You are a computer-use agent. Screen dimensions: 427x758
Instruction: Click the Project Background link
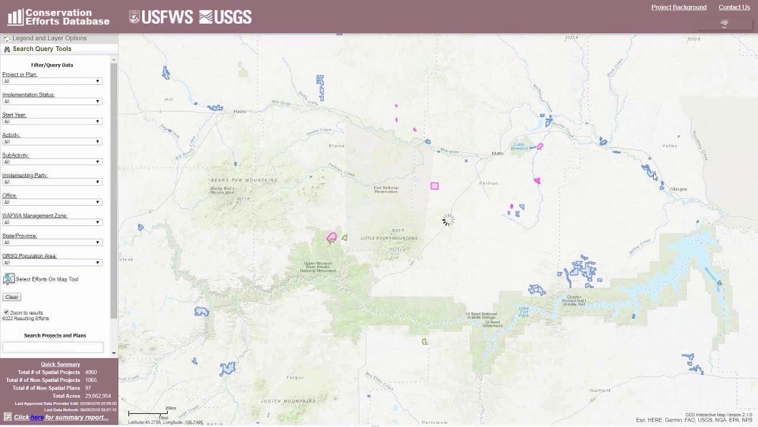click(x=679, y=7)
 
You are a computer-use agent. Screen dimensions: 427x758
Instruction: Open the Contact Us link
click(x=734, y=7)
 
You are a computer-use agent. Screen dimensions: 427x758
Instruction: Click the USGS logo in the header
click(x=225, y=17)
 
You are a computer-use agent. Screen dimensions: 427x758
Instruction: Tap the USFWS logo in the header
click(x=161, y=17)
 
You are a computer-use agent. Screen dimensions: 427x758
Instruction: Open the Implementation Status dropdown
click(x=52, y=101)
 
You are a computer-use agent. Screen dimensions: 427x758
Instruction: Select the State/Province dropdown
click(x=52, y=243)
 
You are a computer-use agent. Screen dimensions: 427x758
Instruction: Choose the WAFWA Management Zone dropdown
click(x=52, y=222)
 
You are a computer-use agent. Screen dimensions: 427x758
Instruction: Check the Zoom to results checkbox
click(x=7, y=312)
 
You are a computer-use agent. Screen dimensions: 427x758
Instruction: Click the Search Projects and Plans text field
click(x=53, y=347)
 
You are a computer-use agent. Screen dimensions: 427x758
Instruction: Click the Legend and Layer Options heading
click(x=50, y=38)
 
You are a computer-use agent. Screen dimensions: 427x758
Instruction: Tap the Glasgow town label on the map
click(x=678, y=189)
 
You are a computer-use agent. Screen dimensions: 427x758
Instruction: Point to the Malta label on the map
click(x=497, y=153)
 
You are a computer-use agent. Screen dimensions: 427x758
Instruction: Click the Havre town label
click(x=239, y=111)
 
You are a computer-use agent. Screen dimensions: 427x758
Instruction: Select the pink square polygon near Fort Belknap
click(x=435, y=186)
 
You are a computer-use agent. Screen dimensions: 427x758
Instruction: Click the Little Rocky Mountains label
click(x=389, y=238)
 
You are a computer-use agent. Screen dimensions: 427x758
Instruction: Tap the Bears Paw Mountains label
click(x=243, y=180)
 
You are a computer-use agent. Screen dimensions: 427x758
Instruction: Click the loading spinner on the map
click(x=448, y=221)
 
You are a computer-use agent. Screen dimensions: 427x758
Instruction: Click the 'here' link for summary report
click(x=37, y=417)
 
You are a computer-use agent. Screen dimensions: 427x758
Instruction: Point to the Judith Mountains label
click(x=288, y=401)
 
